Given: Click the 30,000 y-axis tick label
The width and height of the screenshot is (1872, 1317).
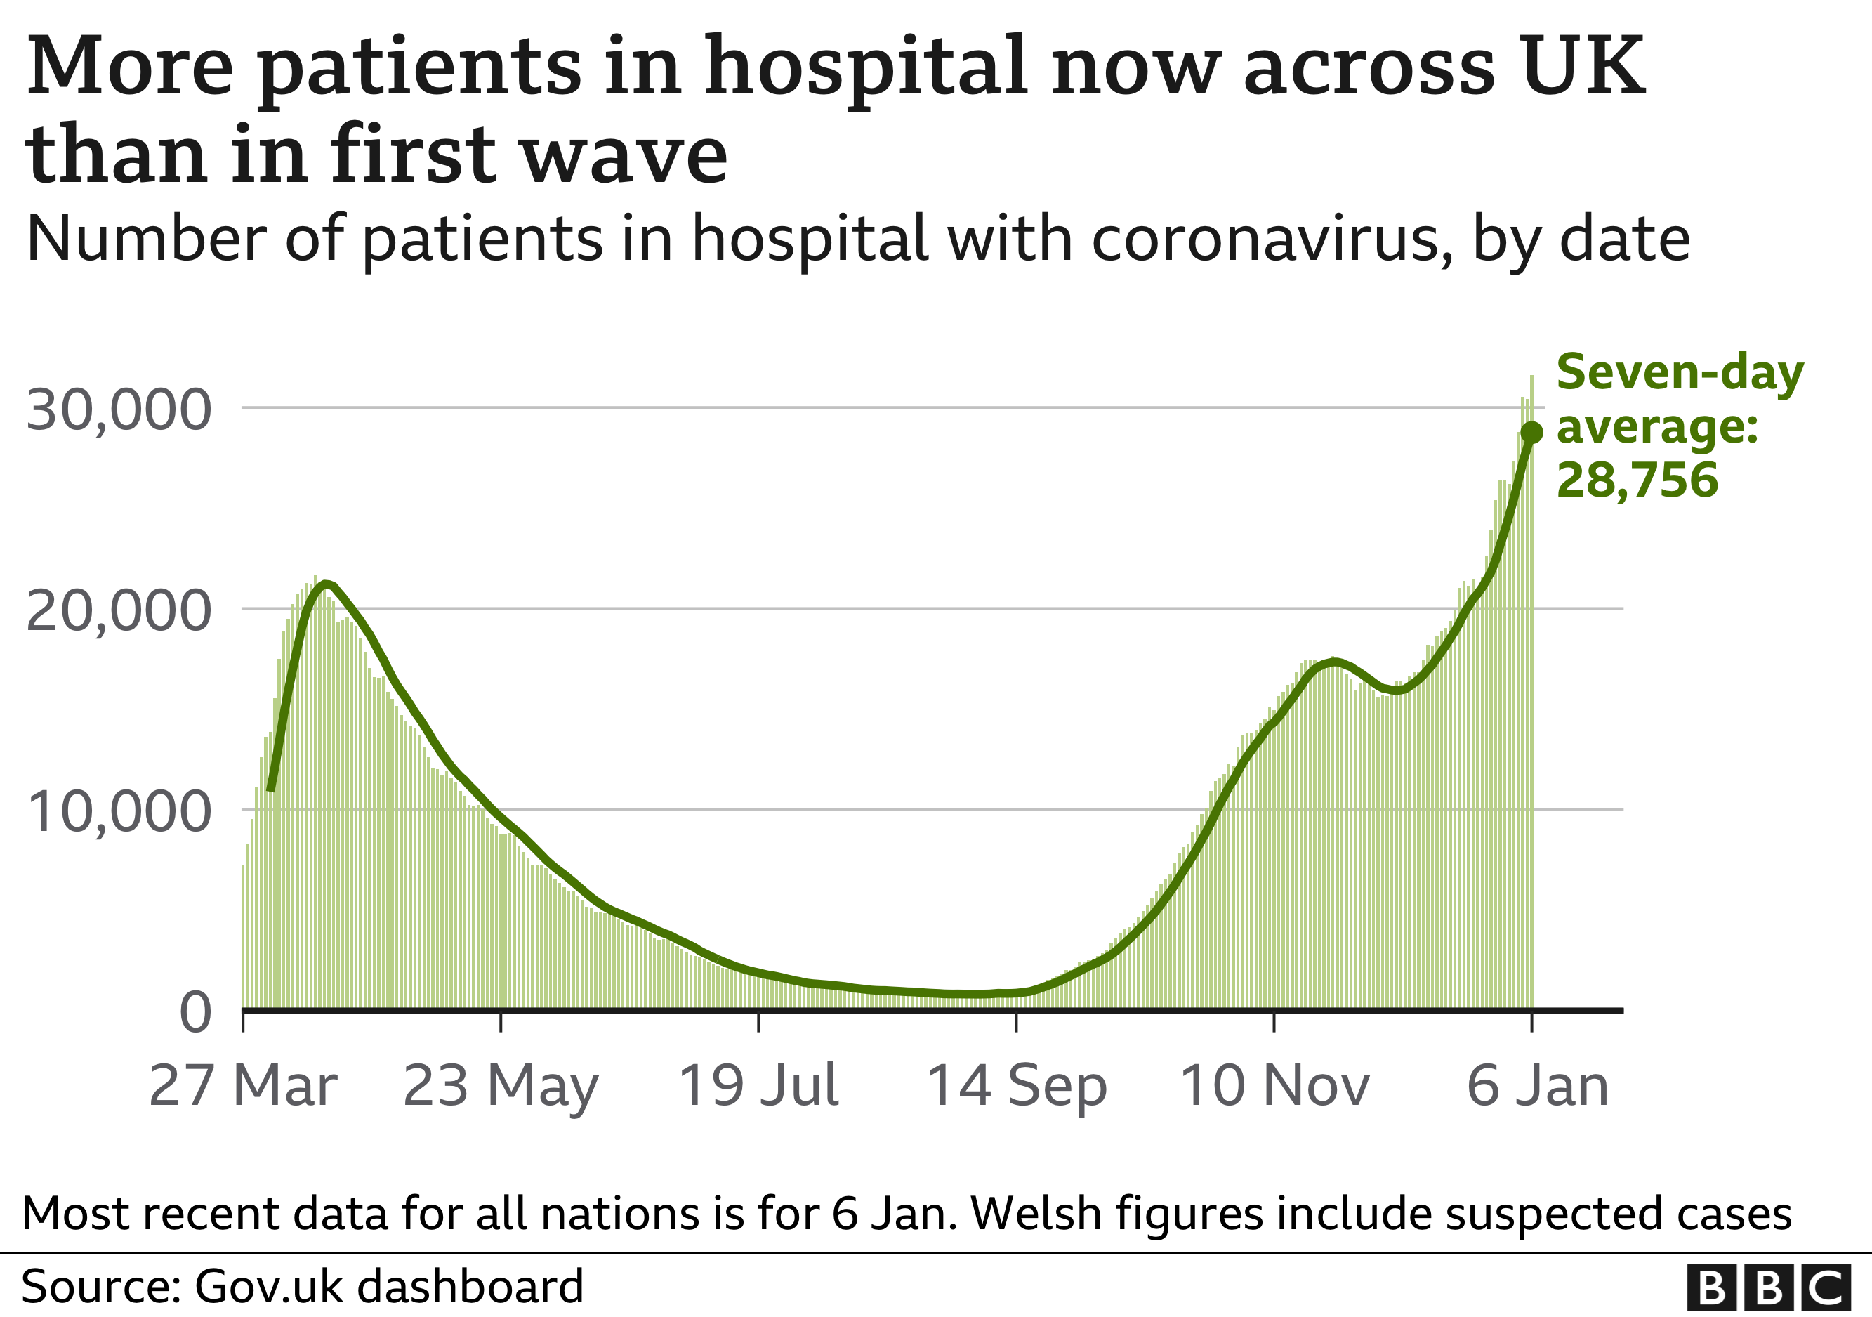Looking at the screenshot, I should [x=118, y=409].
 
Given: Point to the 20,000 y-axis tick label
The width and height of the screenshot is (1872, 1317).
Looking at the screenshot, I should [x=118, y=611].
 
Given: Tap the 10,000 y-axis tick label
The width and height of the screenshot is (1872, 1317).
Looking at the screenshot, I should [x=118, y=811].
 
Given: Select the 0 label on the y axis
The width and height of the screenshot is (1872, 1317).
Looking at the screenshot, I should [x=196, y=1013].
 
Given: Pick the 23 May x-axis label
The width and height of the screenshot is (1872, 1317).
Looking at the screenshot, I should [x=501, y=1087].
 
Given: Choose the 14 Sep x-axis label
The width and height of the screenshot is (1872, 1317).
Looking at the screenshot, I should [x=1016, y=1087].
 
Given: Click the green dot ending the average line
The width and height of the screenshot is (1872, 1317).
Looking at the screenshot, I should [x=1532, y=432].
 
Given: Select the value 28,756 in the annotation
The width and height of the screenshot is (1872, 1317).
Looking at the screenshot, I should [x=1637, y=480].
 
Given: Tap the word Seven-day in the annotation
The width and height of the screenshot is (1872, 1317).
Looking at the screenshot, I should [x=1680, y=374].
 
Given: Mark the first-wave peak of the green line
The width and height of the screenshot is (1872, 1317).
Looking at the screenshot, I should [x=325, y=583].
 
